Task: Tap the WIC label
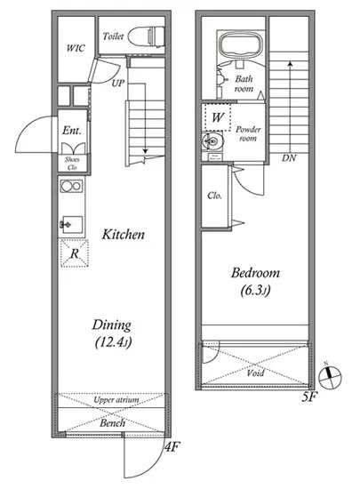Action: pyautogui.click(x=76, y=48)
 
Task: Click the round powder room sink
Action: pyautogui.click(x=212, y=142)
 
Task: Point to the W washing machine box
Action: pyautogui.click(x=218, y=117)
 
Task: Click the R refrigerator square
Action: pyautogui.click(x=74, y=253)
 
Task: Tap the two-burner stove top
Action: pyautogui.click(x=72, y=186)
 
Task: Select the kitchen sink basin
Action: pyautogui.click(x=73, y=225)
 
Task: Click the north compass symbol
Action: pyautogui.click(x=330, y=376)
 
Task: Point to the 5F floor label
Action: pyautogui.click(x=309, y=397)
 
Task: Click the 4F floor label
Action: pyautogui.click(x=172, y=448)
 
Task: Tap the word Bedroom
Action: pyautogui.click(x=255, y=273)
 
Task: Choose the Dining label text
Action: pyautogui.click(x=112, y=325)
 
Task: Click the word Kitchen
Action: pyautogui.click(x=124, y=235)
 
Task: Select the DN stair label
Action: pyautogui.click(x=289, y=158)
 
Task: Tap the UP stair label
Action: pyautogui.click(x=118, y=84)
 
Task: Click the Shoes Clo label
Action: pyautogui.click(x=72, y=164)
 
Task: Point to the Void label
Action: pyautogui.click(x=255, y=373)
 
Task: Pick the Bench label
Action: pyautogui.click(x=113, y=423)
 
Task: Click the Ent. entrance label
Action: pyautogui.click(x=72, y=131)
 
